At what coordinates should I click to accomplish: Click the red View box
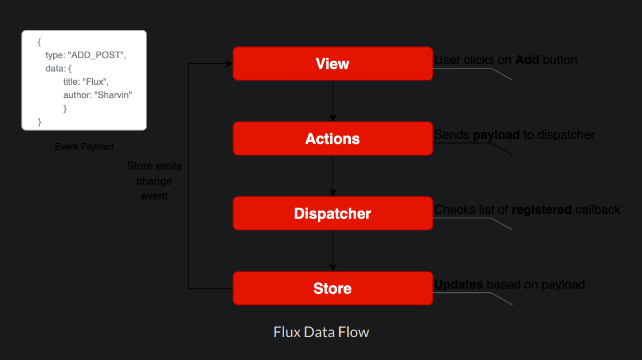coord(332,64)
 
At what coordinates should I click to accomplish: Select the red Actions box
coord(332,139)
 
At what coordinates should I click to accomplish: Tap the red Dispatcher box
coord(332,214)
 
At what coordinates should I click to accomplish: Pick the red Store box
coord(332,289)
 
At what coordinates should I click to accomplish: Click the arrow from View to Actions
coord(333,101)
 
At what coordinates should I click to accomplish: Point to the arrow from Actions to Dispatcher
coord(333,176)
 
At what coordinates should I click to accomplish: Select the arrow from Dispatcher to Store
coord(333,251)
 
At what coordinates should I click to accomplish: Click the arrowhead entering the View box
coord(229,64)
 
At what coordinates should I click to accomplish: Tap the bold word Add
coord(527,60)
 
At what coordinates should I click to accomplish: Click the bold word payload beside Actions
coord(496,135)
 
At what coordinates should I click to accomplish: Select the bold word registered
coord(541,210)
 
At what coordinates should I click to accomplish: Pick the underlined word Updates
coord(459,285)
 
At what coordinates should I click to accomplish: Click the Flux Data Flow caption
coord(321,332)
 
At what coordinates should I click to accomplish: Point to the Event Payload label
coord(84,147)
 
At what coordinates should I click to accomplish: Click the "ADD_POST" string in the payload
coord(97,55)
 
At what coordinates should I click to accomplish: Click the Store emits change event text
coord(154,181)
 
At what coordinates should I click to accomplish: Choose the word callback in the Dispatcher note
coord(598,210)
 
